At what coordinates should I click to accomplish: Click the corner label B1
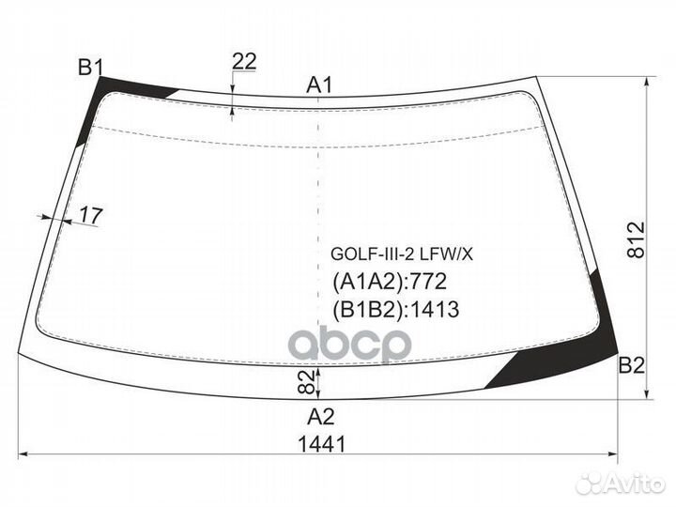(91, 68)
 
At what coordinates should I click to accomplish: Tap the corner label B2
(632, 365)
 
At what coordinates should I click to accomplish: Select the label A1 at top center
(319, 84)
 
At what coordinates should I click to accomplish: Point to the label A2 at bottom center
(321, 417)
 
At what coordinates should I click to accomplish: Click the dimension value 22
(244, 62)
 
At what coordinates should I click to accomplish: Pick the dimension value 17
(91, 215)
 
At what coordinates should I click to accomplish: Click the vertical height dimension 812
(637, 239)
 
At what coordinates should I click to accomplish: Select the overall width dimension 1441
(322, 444)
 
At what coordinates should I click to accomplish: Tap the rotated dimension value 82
(305, 382)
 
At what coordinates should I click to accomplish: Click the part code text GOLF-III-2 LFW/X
(402, 254)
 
